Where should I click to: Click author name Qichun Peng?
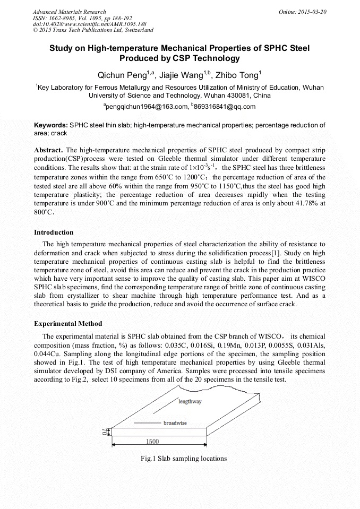(x=126, y=75)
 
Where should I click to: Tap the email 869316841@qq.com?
(x=225, y=106)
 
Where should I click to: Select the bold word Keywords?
(x=51, y=125)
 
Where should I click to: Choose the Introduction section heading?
(x=54, y=232)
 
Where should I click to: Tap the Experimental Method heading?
(x=68, y=323)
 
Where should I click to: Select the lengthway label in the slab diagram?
(x=190, y=402)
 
